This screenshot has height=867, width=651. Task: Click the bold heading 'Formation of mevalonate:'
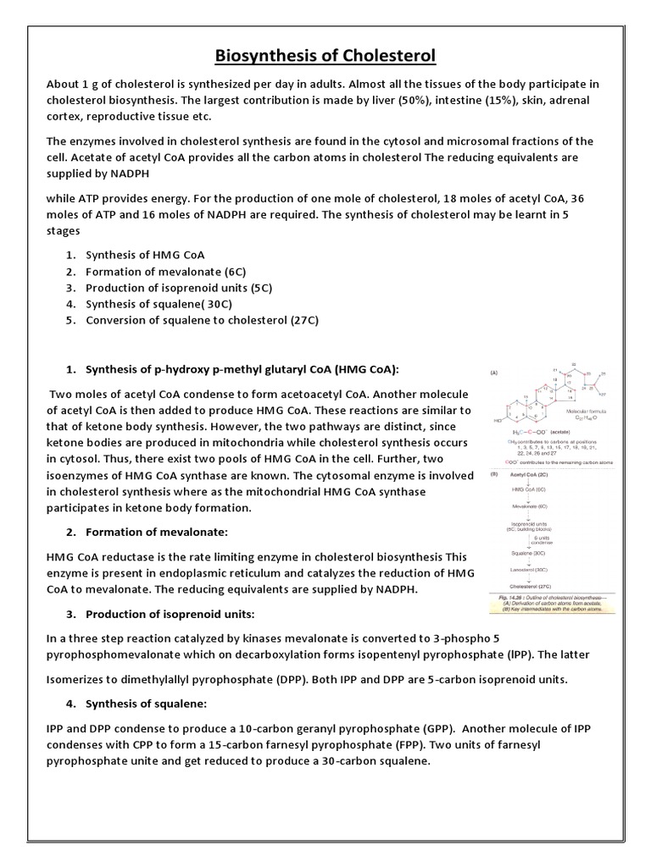(157, 532)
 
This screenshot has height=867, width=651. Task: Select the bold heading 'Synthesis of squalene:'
(146, 704)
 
